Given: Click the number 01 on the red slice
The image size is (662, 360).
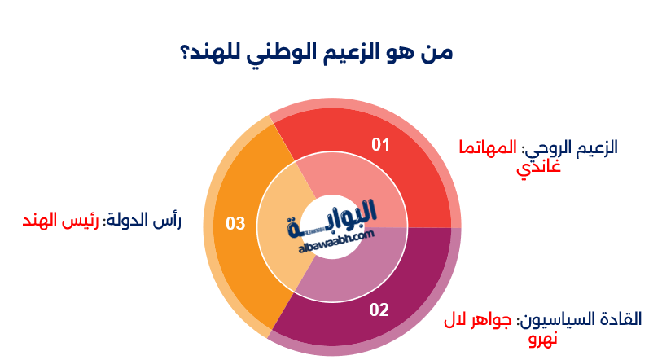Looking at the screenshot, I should (380, 145).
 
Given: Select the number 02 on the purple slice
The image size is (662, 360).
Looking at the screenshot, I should (379, 310).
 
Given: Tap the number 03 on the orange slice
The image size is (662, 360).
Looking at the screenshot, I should (235, 223).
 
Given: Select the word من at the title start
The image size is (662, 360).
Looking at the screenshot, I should (435, 52).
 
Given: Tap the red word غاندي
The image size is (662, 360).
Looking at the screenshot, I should (538, 169).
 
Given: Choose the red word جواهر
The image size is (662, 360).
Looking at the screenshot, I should (493, 319).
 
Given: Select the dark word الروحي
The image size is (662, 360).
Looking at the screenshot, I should (548, 148).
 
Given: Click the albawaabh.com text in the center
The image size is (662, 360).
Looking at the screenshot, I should (331, 235).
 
